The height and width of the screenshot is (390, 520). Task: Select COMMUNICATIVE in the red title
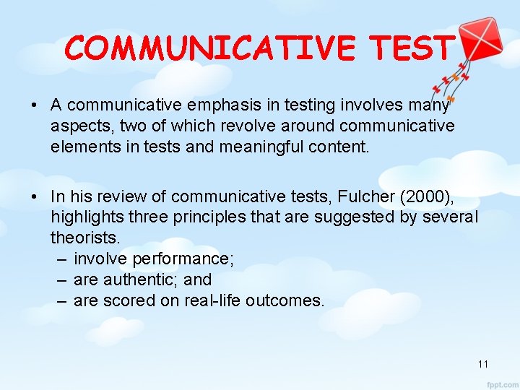209,48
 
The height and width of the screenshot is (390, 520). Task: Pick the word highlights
86,217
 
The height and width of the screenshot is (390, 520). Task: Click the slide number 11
483,363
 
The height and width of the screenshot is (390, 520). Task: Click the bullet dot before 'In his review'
35,196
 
